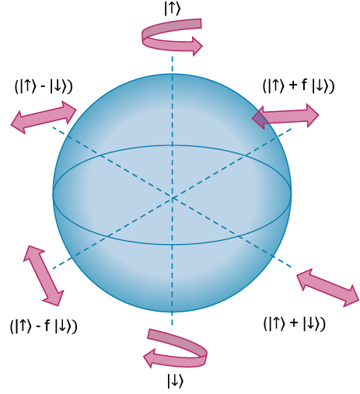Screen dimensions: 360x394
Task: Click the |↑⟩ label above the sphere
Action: point(172,9)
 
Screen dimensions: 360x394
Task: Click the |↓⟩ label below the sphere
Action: point(176,381)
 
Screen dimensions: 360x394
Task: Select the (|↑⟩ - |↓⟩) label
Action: point(44,86)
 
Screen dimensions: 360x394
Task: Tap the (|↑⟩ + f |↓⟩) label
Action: point(299,85)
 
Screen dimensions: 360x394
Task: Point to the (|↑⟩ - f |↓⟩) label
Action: point(44,326)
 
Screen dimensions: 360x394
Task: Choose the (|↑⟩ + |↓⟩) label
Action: point(295,323)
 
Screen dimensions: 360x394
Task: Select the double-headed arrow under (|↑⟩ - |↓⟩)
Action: point(44,117)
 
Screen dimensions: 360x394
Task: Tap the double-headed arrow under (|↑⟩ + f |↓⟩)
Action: point(285,116)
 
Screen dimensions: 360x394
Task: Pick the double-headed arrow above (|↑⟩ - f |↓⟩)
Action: point(44,276)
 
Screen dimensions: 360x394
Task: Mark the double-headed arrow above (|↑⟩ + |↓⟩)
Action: point(327,288)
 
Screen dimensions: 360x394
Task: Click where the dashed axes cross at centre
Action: point(172,198)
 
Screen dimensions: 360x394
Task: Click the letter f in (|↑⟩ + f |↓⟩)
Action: point(304,85)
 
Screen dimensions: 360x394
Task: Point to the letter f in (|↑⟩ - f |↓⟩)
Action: point(47,325)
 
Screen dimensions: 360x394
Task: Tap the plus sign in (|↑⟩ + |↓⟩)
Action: point(294,323)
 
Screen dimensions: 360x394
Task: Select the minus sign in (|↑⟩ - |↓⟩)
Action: point(43,87)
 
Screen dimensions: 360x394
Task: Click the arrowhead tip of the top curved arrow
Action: point(202,46)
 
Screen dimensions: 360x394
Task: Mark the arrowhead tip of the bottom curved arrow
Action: point(144,357)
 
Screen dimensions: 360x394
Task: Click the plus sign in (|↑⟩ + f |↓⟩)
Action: point(293,85)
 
